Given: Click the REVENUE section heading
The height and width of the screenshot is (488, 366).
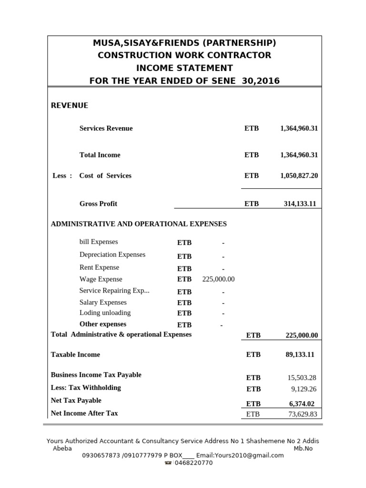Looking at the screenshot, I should (70, 105).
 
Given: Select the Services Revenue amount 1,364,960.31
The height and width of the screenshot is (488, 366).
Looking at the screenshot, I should (299, 128).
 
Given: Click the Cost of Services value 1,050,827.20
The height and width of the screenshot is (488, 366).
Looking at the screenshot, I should (299, 175).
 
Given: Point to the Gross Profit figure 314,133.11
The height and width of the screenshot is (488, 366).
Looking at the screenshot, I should (300, 203).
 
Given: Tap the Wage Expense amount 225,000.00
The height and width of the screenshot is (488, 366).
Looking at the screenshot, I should (218, 279).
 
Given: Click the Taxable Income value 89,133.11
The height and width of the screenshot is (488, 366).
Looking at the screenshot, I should (300, 355).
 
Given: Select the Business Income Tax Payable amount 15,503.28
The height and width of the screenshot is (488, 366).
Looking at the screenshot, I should (302, 377).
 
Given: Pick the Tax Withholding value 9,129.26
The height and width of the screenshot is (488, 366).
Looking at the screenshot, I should (304, 389).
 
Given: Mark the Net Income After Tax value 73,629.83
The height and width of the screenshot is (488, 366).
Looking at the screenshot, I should (303, 414).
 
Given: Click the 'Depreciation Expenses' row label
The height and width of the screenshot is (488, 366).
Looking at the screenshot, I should (112, 254).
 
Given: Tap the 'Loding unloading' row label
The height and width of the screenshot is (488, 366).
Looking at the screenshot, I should (105, 313).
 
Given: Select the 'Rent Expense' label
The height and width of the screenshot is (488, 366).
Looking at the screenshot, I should (99, 267).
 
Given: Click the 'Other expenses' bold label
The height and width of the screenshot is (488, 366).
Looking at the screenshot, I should (103, 324).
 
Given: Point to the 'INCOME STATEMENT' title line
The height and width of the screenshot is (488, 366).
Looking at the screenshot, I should (184, 68).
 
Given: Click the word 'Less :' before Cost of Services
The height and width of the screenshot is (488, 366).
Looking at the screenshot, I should (62, 175).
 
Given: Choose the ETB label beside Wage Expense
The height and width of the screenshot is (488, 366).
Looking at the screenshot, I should (184, 279).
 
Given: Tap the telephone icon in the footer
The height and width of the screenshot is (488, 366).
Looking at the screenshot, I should (168, 463).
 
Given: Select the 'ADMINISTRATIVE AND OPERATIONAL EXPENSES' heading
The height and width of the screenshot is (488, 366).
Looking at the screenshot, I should (139, 224).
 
